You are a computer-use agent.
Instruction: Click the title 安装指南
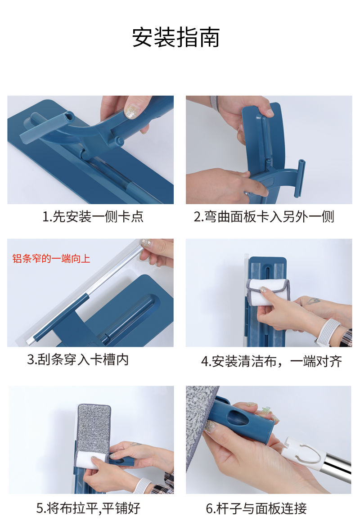(x=176, y=37)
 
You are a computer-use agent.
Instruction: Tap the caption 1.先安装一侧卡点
(x=93, y=217)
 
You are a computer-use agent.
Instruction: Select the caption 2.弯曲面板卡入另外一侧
(x=264, y=217)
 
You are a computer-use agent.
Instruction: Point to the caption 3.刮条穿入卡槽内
(x=78, y=359)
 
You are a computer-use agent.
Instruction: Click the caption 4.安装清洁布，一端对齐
(x=271, y=361)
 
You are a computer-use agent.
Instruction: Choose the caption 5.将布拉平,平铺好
(x=88, y=508)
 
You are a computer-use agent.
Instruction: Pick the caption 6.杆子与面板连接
(x=256, y=508)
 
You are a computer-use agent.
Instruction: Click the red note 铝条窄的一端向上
(x=51, y=259)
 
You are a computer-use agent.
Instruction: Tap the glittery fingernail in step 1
(x=132, y=112)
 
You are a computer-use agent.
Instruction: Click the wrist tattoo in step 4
(x=313, y=301)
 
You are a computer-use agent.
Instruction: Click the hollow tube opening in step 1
(x=69, y=117)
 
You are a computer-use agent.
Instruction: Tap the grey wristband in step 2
(x=214, y=101)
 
